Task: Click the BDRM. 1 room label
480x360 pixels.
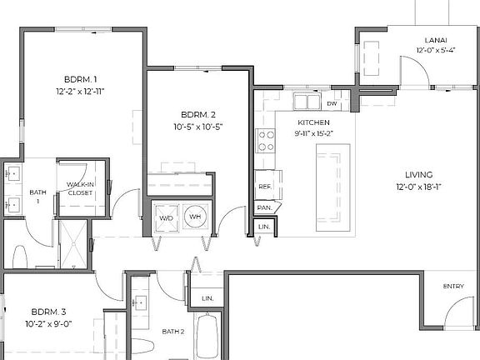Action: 81,80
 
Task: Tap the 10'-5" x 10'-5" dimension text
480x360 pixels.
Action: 198,127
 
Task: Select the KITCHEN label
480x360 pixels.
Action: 314,122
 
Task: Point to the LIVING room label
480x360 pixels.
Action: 419,175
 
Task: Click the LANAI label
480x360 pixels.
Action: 436,40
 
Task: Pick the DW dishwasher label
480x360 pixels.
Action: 332,104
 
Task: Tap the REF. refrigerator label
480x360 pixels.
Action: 265,187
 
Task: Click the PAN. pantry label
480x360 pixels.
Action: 264,207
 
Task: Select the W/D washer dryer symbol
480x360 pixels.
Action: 166,218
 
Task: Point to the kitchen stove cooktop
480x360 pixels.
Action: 265,141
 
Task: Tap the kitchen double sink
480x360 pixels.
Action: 307,101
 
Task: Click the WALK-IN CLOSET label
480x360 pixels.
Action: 80,188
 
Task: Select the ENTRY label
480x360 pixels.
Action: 453,286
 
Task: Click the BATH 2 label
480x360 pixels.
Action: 173,332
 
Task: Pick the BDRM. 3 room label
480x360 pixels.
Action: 48,312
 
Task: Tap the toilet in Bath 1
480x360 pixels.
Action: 20,257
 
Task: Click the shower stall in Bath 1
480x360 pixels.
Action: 73,244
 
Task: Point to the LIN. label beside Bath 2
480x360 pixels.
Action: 207,298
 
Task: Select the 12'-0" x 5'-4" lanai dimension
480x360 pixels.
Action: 436,50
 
